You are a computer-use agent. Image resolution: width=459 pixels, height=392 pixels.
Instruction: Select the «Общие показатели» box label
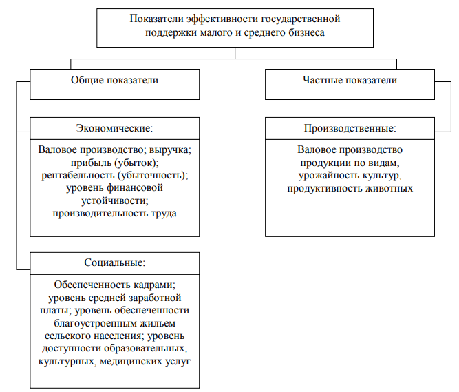(114, 81)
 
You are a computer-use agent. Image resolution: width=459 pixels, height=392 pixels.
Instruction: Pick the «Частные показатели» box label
(350, 80)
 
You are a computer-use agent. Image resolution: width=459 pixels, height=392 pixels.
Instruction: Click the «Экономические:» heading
(114, 128)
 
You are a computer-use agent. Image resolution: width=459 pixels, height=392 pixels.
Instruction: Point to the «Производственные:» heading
(350, 128)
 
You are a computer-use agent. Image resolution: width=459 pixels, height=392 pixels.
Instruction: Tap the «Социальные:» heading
(114, 262)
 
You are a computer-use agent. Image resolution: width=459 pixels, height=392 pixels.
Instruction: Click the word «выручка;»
(170, 150)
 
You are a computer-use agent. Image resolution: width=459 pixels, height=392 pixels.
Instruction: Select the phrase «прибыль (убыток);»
(114, 163)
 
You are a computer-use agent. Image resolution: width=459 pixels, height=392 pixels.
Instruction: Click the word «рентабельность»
(78, 175)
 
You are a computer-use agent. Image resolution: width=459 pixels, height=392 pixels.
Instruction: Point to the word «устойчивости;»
(114, 200)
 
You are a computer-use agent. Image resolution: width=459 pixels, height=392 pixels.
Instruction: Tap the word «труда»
(164, 214)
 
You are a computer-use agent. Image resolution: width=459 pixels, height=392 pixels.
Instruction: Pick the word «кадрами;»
(154, 285)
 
